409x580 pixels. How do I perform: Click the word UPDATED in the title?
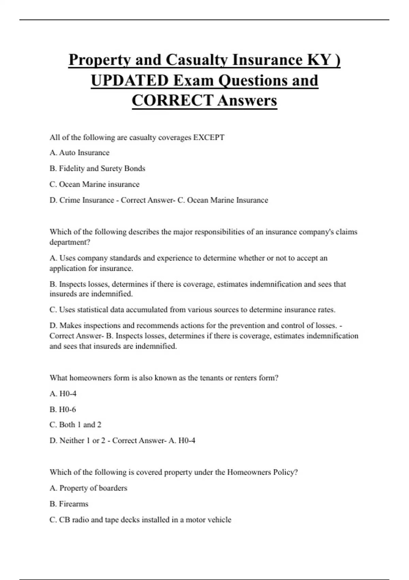pos(130,81)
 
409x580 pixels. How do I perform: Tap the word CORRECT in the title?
pos(172,101)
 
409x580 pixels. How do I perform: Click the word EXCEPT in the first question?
pos(209,137)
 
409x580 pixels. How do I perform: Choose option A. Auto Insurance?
pos(79,153)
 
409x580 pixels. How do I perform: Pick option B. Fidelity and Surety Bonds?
pos(97,169)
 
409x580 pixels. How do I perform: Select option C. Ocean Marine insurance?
pos(94,184)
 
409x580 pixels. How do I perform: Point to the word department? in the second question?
pos(70,242)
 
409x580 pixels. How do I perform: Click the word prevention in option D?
pos(248,325)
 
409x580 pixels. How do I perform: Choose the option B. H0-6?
pos(63,409)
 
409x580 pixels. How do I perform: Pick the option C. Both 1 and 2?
pos(75,425)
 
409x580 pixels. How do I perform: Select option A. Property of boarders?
pos(88,488)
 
